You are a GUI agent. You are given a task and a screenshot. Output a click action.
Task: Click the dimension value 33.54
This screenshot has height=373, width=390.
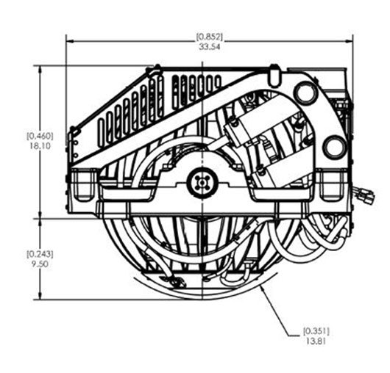210,47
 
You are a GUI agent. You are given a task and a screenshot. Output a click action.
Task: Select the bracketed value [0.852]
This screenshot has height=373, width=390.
210,37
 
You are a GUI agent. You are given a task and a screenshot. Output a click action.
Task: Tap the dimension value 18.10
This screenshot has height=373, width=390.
40,145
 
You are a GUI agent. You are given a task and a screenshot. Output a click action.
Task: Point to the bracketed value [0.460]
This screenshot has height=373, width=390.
40,136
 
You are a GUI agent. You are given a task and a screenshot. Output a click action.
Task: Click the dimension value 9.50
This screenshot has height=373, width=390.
40,264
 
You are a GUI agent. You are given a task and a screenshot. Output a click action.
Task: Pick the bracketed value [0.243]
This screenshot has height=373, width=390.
40,254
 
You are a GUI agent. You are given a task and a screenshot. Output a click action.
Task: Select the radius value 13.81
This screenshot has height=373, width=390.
316,341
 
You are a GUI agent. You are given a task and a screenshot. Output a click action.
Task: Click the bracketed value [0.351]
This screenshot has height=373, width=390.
316,331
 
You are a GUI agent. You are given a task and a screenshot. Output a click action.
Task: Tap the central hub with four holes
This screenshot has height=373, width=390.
202,183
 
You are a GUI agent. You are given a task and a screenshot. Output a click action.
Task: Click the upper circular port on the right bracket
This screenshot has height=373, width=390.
305,93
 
